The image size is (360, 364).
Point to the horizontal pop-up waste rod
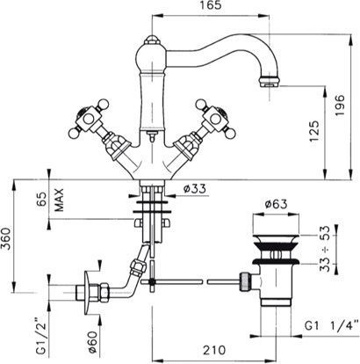tap(202, 281)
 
